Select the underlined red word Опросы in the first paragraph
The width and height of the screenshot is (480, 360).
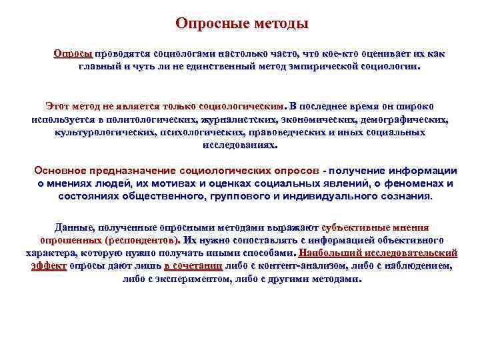[x=73, y=53]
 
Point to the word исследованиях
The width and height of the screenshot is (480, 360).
[x=239, y=145]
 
